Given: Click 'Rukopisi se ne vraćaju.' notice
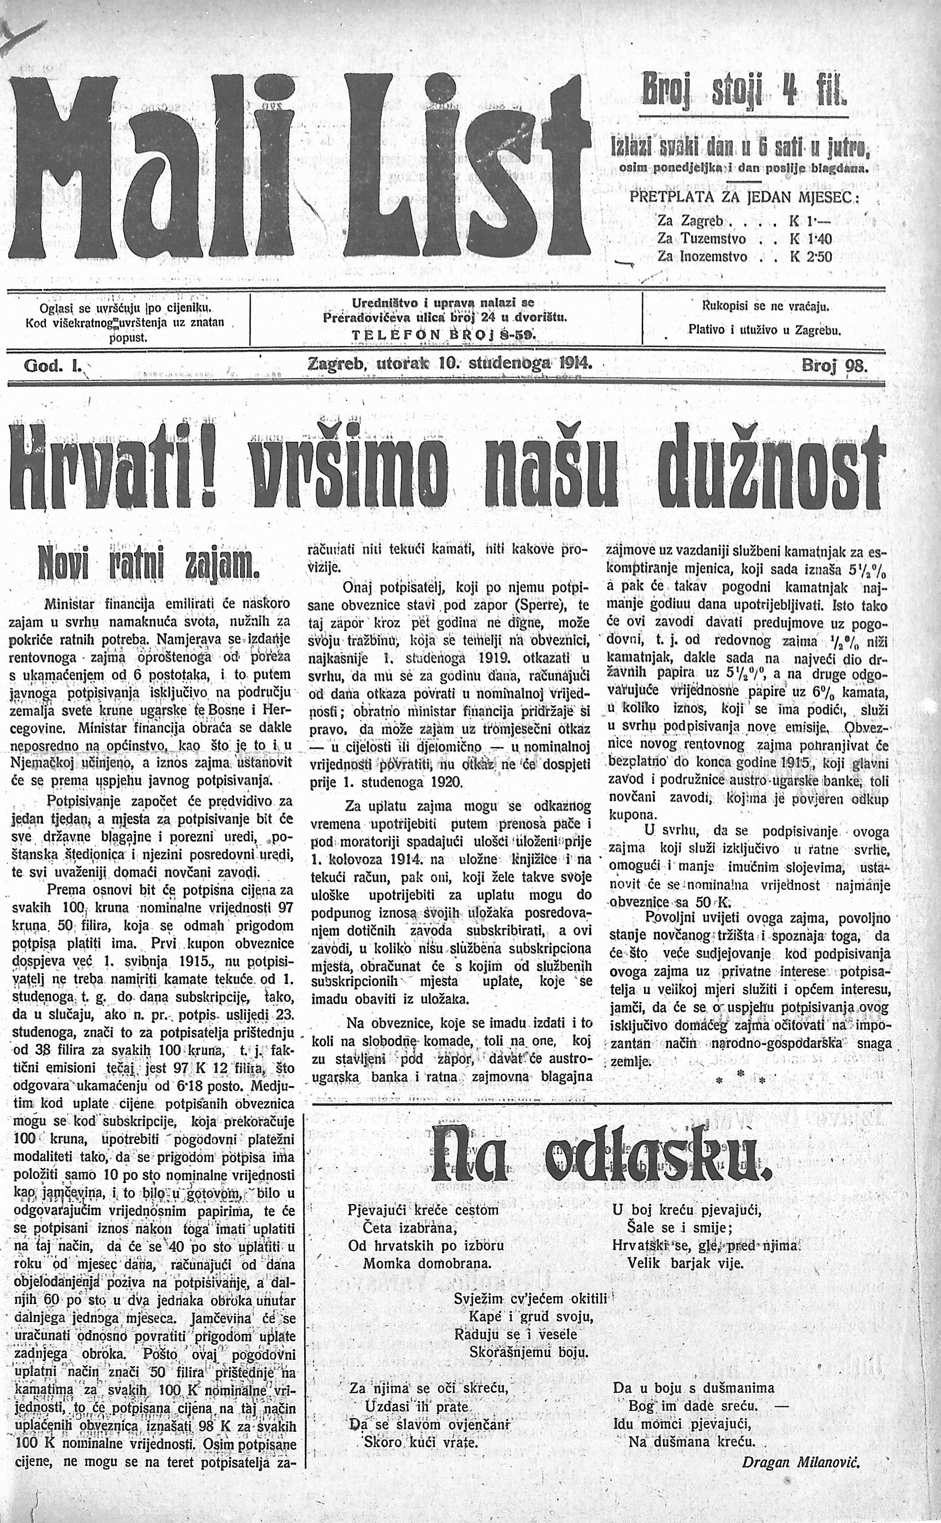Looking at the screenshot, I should click(763, 306).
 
